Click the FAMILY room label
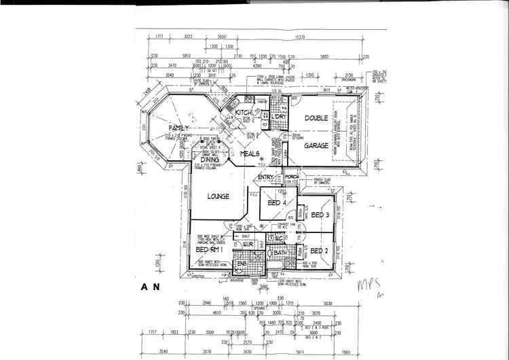tap(164, 128)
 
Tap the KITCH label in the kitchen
tap(244, 112)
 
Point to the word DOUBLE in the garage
tap(316, 118)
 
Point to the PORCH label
tap(292, 177)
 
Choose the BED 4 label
tap(277, 203)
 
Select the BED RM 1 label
tap(210, 251)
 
